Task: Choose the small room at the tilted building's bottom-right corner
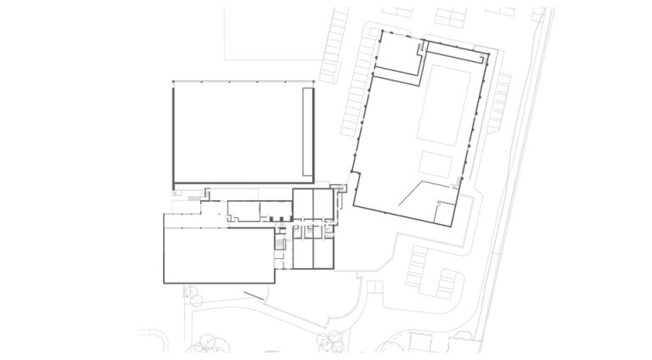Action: tap(446, 214)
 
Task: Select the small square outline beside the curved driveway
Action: tap(371, 284)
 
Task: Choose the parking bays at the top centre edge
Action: tap(450, 14)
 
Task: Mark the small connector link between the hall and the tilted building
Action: tap(341, 188)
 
